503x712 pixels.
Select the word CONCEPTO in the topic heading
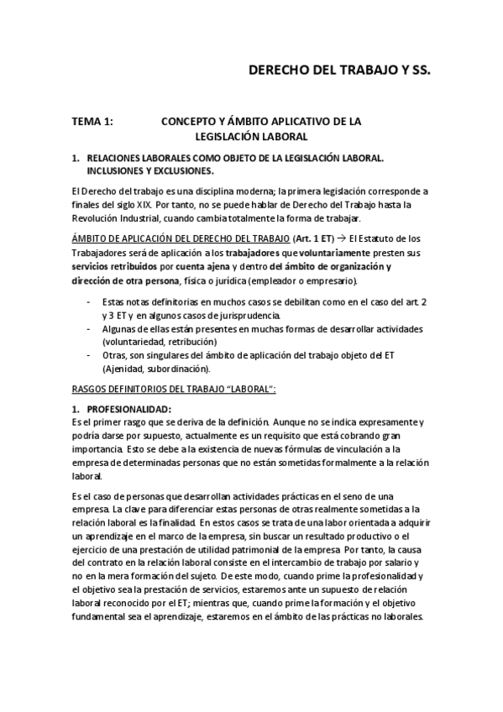(190, 122)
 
